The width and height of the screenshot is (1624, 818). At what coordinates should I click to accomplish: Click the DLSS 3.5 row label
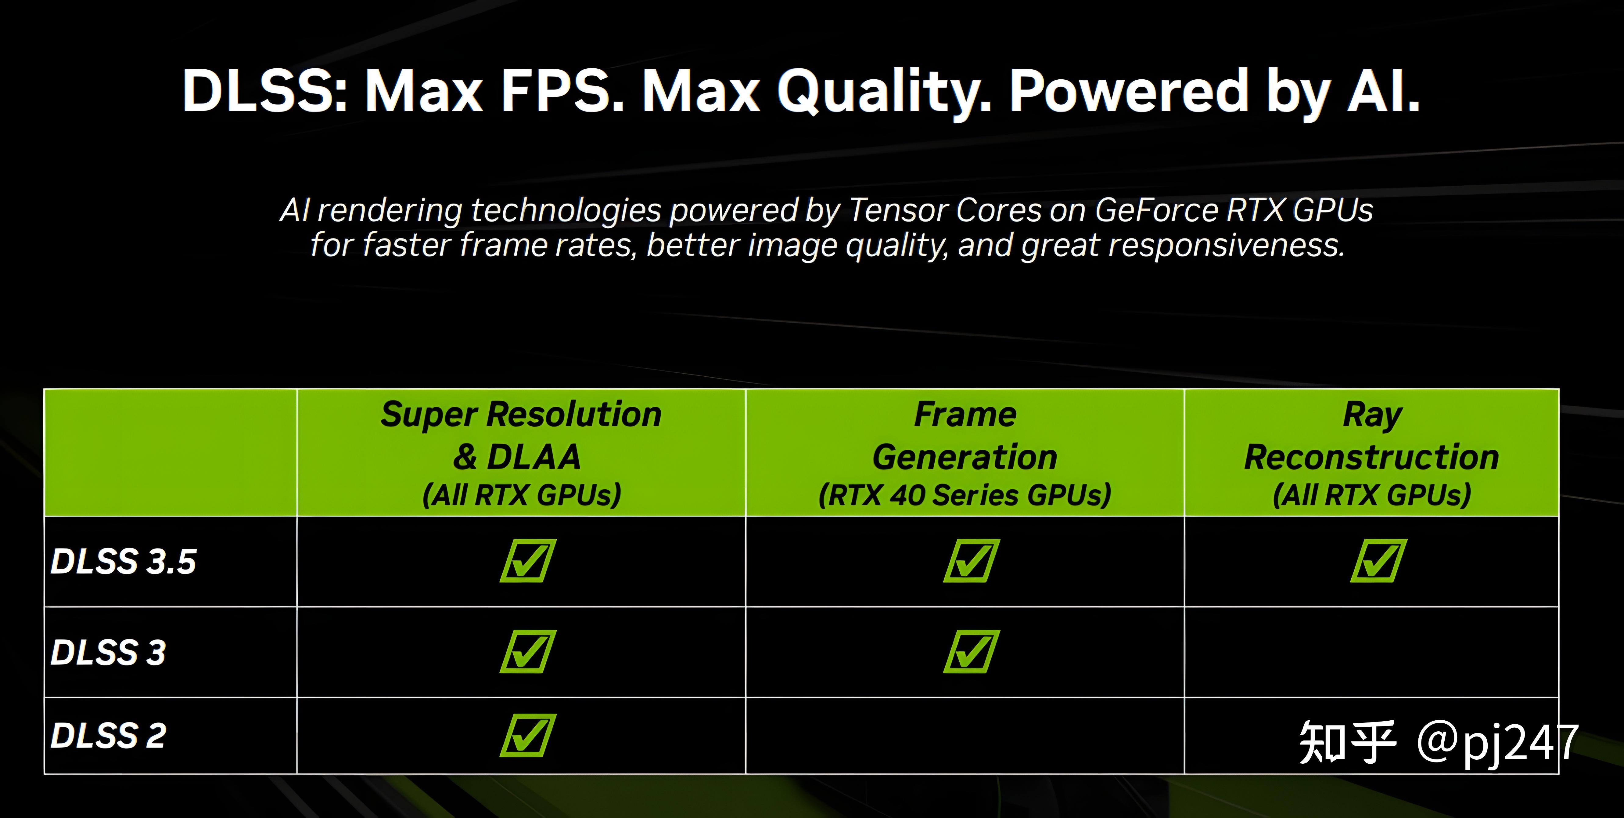(x=124, y=561)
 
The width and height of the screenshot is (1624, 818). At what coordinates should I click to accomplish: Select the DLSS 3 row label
(x=108, y=652)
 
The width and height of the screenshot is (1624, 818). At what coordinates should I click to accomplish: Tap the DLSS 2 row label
(x=108, y=735)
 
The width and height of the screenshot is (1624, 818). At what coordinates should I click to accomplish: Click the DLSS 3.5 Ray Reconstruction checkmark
(x=1379, y=560)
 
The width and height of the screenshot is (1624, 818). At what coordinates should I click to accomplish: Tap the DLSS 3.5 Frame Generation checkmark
(x=972, y=560)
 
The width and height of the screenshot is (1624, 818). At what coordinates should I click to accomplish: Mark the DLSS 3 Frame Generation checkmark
(x=972, y=651)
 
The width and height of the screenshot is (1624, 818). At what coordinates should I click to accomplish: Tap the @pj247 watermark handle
(x=1497, y=743)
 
